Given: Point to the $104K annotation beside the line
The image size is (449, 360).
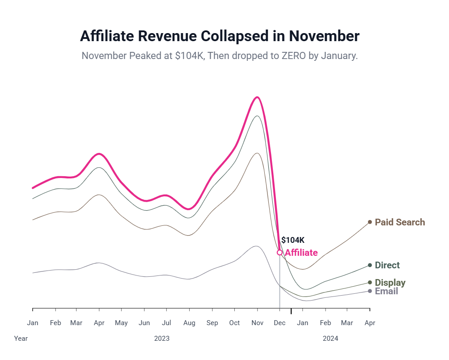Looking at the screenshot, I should coord(292,240).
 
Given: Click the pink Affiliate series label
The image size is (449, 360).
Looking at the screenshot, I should coord(301,253).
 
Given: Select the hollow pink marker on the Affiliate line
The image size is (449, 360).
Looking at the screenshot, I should coord(280,253).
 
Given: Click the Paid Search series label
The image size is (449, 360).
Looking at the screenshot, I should coord(399,222).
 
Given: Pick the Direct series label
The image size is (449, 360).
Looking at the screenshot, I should coord(387,265).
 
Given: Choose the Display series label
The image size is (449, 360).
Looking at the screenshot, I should coord(390,283).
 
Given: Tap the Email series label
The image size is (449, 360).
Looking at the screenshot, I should coord(386,292).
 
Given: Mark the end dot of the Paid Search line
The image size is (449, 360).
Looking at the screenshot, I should coord(370,222).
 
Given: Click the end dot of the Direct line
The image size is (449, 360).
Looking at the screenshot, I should coord(370,265).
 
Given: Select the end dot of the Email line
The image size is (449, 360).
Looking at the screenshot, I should coord(370,291).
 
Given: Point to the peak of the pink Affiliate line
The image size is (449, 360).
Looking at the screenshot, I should coord(257,97).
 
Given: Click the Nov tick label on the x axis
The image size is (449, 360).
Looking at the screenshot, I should coord(257,323).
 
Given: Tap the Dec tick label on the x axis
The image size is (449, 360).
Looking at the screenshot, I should coord(280,323).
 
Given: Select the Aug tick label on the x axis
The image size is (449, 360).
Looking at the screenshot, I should coord(189,323).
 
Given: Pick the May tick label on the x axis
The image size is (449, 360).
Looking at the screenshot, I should coord(121,323).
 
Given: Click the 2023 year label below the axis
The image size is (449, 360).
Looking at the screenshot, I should coord(162,339).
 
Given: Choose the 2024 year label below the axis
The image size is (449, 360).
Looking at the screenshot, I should coord(330,339).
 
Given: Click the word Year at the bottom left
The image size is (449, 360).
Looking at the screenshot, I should coord(21,339).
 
